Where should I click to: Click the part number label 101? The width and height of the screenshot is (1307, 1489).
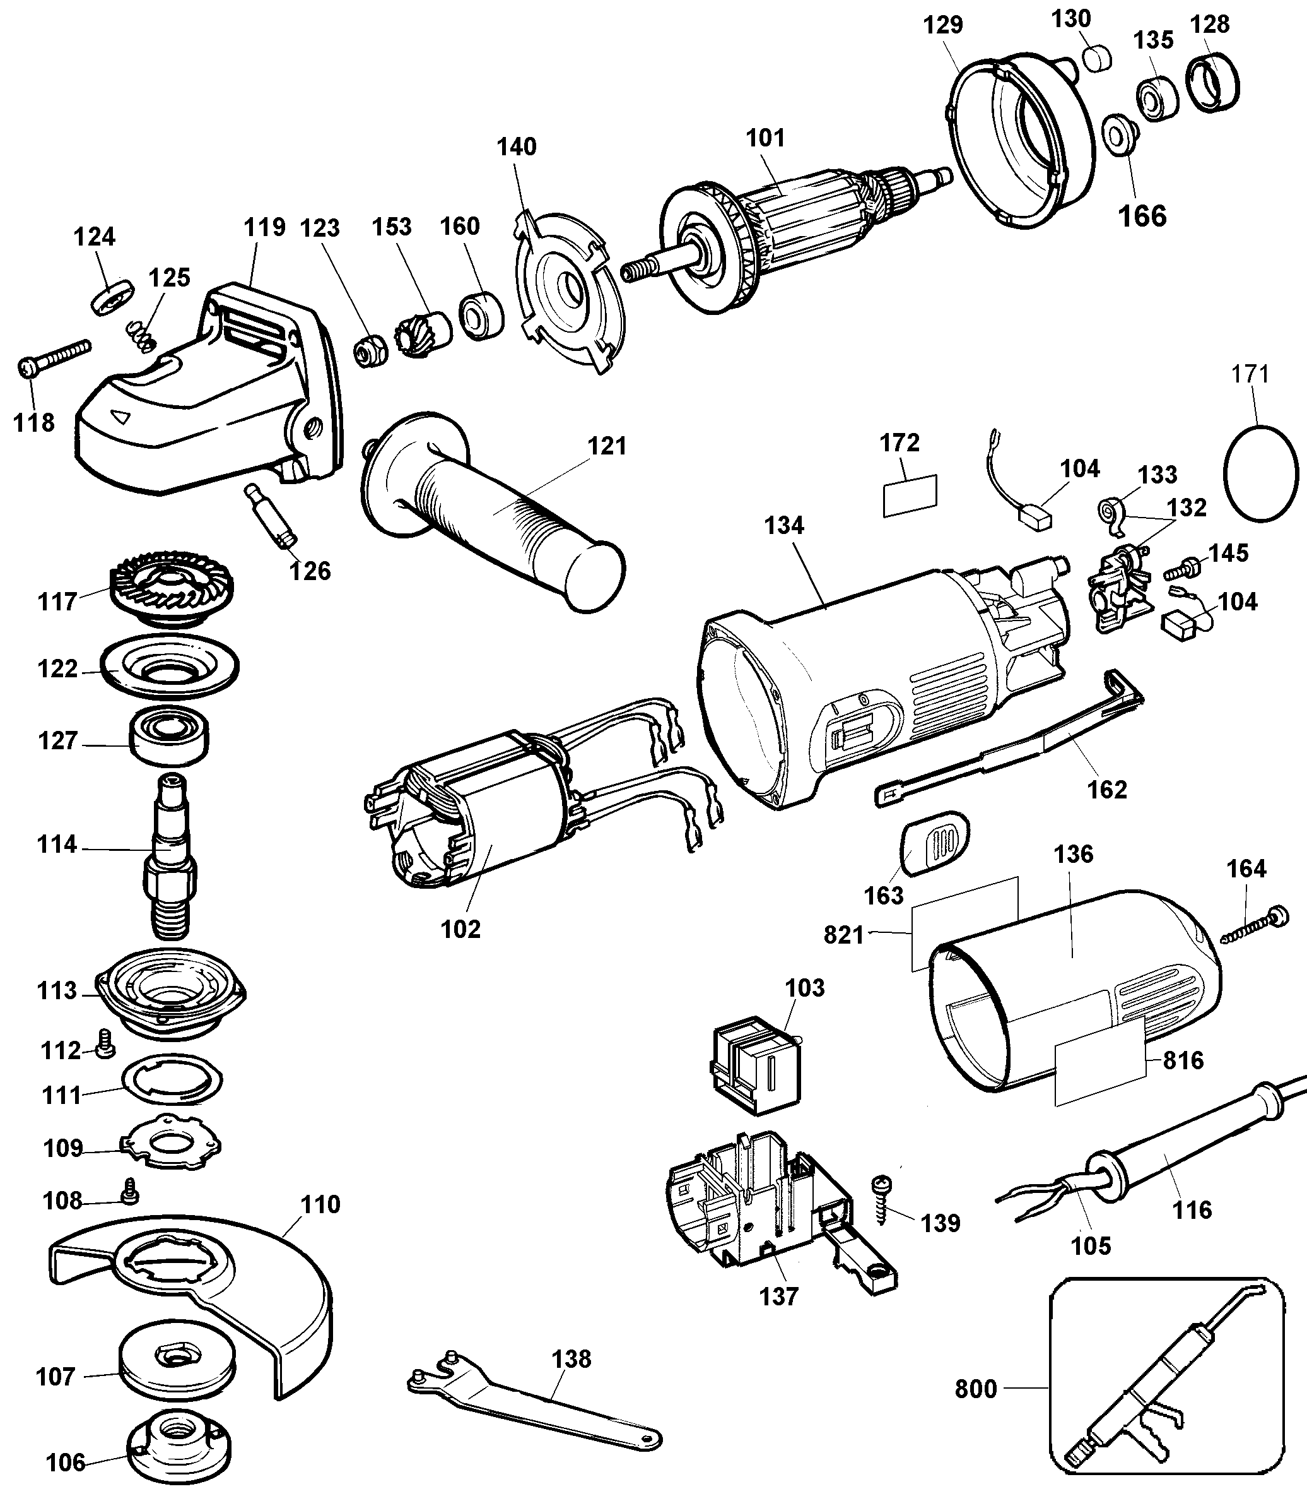[x=765, y=138]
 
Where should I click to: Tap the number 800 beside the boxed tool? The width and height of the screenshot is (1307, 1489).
[x=975, y=1389]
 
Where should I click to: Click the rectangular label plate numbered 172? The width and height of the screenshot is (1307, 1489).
[x=910, y=495]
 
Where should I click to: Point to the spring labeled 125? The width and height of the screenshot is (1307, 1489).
[x=142, y=336]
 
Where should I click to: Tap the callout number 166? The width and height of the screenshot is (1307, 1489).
[x=1142, y=217]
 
